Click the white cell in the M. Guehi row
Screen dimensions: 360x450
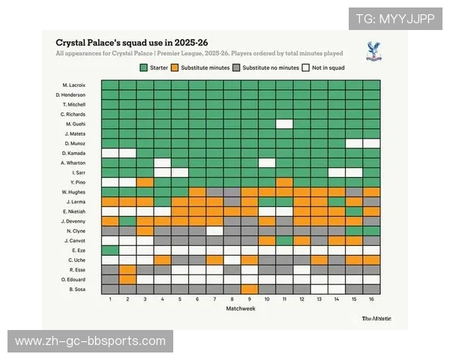coord(283,124)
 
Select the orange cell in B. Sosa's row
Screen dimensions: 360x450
coord(249,289)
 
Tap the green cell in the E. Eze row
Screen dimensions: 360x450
coord(109,250)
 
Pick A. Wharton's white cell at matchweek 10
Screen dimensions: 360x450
coord(266,162)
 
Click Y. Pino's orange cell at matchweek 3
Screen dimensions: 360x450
coord(145,181)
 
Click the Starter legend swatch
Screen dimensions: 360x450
coord(144,67)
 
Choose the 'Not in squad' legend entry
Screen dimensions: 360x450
coord(326,67)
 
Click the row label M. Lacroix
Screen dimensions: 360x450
coord(74,85)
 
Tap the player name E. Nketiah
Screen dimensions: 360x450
coord(75,211)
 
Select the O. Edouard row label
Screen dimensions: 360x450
coord(73,278)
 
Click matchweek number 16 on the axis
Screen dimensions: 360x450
coord(371,299)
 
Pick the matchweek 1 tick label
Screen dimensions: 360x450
coord(109,299)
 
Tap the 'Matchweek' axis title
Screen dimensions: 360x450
coord(240,308)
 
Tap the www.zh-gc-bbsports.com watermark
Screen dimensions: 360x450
coord(90,341)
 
